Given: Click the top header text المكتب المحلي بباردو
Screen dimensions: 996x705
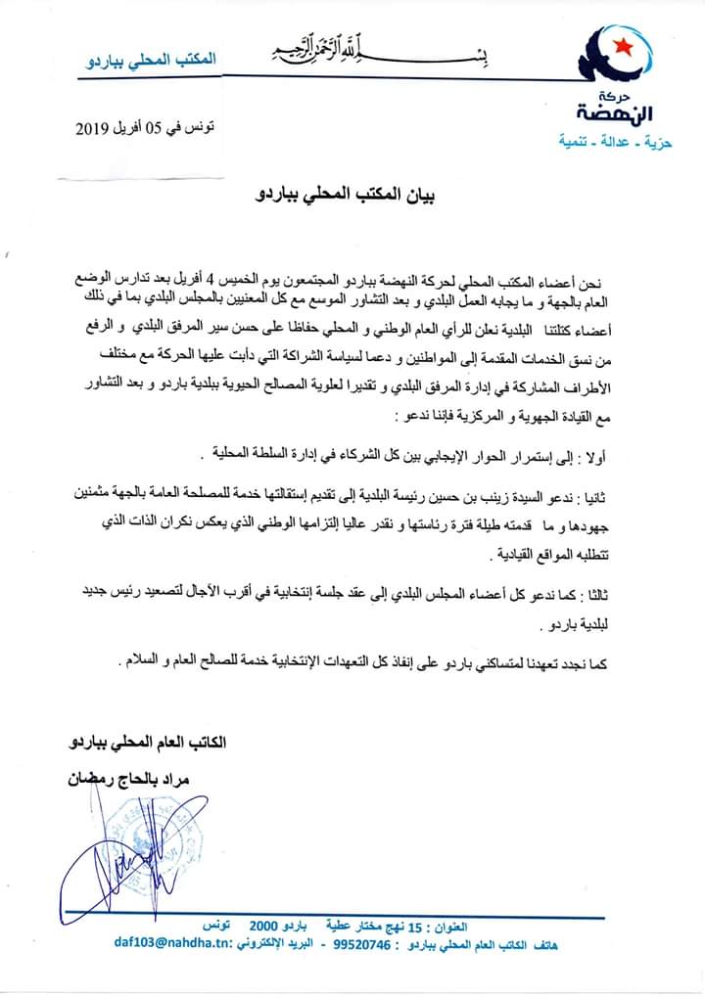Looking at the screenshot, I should (x=153, y=61).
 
